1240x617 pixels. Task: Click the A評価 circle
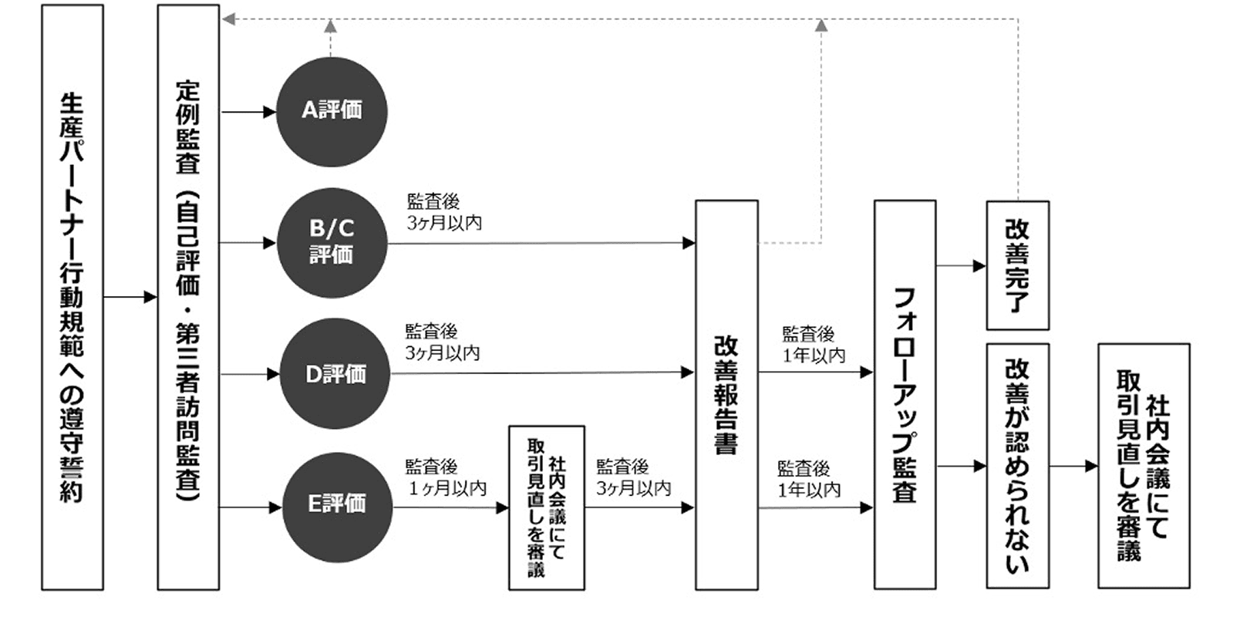332,111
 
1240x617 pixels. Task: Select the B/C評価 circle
332,242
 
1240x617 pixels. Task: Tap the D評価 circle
335,374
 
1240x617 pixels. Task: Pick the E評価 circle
337,507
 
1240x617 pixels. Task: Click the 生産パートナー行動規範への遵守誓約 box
72,297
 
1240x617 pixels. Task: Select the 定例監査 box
188,297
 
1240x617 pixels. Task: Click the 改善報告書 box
726,395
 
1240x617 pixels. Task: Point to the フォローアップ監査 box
905,395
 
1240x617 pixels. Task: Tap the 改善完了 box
1017,265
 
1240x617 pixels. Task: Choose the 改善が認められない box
1017,466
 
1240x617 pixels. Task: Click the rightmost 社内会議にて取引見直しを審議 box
1144,466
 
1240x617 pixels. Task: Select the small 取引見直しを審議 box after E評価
546,507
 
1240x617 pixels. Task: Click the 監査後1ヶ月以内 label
446,477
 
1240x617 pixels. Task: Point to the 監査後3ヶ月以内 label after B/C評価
444,212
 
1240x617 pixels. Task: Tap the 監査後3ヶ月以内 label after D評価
443,342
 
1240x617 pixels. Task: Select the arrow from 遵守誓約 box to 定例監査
130,297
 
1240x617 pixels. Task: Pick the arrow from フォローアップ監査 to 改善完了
961,266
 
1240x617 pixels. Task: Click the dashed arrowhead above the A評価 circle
330,27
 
